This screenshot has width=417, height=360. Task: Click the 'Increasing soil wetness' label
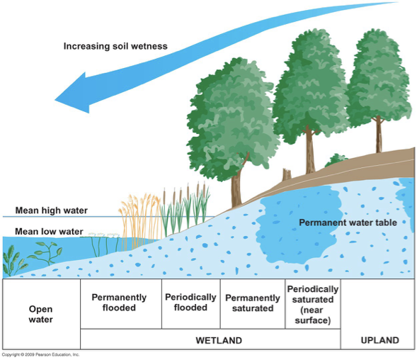[115, 47]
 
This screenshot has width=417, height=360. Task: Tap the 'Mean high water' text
[50, 210]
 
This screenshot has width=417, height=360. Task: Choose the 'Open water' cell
[40, 314]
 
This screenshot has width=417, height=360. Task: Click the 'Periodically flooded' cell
[190, 303]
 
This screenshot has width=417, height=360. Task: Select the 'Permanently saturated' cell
[253, 303]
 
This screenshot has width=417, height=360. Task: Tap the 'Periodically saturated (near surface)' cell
[312, 305]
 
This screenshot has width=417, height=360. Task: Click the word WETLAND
[219, 340]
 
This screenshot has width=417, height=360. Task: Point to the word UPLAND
[379, 340]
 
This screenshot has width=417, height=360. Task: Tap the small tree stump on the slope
[287, 174]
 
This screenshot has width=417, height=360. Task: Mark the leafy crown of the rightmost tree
[379, 78]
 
